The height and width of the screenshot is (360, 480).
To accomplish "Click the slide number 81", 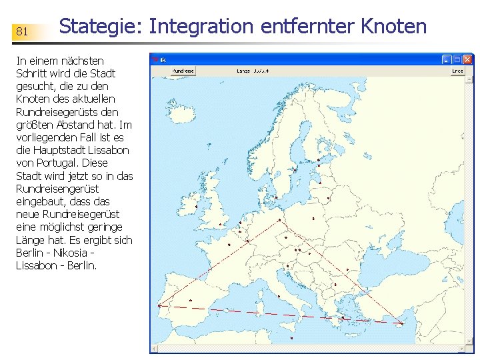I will pyautogui.click(x=22, y=31).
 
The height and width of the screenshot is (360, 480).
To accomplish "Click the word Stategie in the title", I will pyautogui.click(x=100, y=27).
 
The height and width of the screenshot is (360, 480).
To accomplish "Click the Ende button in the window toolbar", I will pyautogui.click(x=457, y=71).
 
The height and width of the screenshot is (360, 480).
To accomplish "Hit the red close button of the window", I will pyautogui.click(x=469, y=59).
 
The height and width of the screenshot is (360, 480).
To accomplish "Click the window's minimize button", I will pyautogui.click(x=447, y=59).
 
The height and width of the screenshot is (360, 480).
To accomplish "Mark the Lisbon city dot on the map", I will pyautogui.click(x=159, y=306).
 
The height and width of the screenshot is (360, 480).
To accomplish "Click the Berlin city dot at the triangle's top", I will pyautogui.click(x=279, y=220).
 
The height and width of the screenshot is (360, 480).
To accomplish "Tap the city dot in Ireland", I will pyautogui.click(x=197, y=207).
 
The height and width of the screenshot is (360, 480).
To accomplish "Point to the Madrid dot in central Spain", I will pyautogui.click(x=191, y=301).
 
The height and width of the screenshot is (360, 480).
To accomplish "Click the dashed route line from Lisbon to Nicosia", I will pyautogui.click(x=280, y=315).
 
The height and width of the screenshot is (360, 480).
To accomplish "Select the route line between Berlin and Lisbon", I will pyautogui.click(x=220, y=263).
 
